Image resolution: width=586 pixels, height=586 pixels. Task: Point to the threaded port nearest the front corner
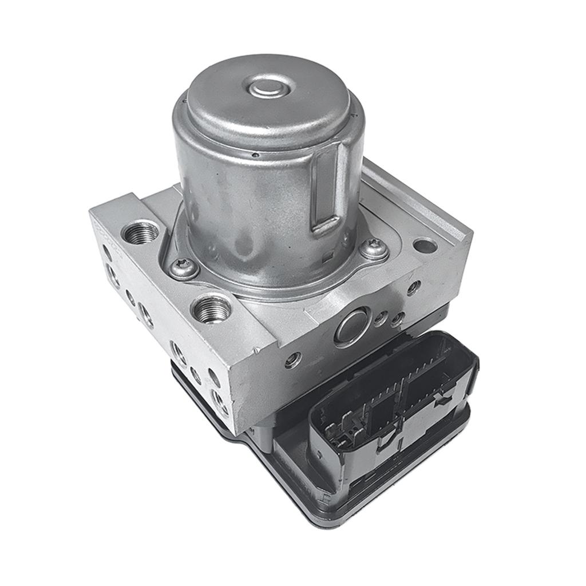212,309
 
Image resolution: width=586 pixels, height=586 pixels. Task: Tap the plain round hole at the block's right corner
425,246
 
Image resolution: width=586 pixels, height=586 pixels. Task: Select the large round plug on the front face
351,326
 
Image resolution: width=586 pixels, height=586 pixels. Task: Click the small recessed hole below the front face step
293,359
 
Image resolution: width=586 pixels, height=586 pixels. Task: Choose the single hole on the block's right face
413,288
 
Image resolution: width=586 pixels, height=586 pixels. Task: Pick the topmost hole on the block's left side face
107,250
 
